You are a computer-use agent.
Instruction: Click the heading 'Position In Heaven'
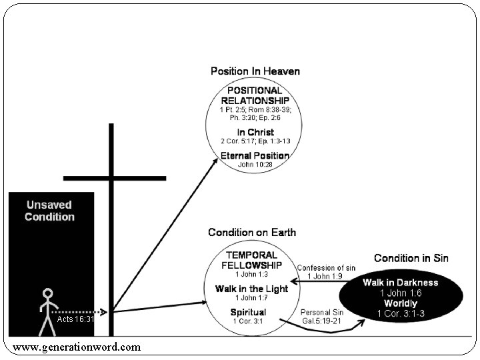(x=255, y=71)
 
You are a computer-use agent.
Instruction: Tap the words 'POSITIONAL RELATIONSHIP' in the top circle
(x=255, y=95)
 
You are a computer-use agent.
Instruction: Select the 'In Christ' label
(x=255, y=132)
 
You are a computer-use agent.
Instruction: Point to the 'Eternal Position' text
(x=255, y=155)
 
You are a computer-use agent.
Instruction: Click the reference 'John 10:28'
(x=255, y=164)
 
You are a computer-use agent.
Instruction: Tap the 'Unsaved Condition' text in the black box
(x=50, y=211)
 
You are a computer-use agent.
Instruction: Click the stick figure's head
(x=47, y=293)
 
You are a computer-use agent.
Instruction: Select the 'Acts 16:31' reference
(x=76, y=319)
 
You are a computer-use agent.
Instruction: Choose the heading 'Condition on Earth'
(x=252, y=233)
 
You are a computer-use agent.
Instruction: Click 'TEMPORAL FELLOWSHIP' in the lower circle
(x=253, y=260)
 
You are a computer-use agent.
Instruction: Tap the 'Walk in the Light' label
(x=251, y=288)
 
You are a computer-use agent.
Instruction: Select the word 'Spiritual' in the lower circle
(x=248, y=312)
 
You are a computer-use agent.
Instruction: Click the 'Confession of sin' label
(x=326, y=268)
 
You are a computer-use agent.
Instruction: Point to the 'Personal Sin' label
(x=323, y=312)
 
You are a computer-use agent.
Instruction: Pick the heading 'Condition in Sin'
(x=411, y=258)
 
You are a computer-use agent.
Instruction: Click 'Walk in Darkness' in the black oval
(x=400, y=282)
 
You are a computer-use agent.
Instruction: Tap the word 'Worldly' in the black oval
(x=400, y=303)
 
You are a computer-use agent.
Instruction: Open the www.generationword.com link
(x=77, y=347)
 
